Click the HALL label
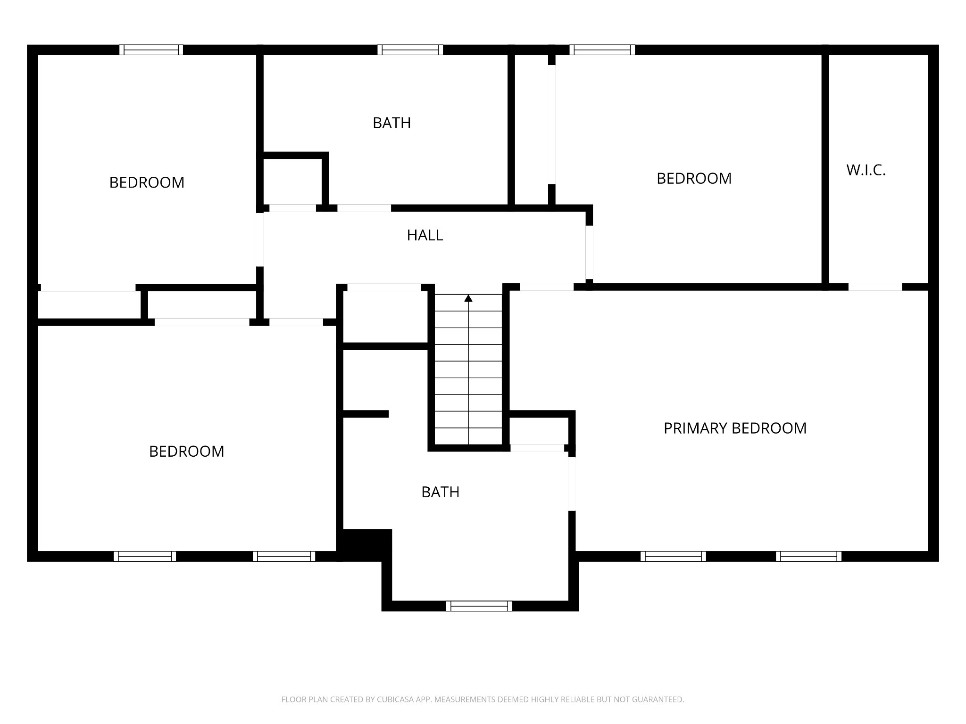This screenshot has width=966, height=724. point(425,235)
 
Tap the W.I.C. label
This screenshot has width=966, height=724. point(866,170)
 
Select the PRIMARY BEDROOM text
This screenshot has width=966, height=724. point(735,428)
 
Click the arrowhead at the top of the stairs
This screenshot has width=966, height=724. point(468,298)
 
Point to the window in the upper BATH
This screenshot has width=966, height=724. point(410,50)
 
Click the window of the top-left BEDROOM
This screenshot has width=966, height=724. point(151,50)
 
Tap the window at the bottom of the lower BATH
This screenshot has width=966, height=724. point(479,606)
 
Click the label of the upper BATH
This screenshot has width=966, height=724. point(391,123)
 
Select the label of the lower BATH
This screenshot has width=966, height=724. point(440,492)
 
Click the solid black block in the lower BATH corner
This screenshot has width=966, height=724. point(366,544)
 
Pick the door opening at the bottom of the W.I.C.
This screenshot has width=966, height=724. point(875,287)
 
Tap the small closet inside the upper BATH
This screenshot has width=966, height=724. point(292,181)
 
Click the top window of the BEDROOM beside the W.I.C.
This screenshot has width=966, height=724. point(602,50)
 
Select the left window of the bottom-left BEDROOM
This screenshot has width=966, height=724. point(145,556)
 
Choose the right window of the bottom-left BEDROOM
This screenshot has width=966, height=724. point(284,556)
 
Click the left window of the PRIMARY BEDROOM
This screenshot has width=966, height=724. point(673,556)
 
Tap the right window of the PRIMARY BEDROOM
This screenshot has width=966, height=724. point(808,556)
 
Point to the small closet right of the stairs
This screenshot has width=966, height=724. point(539,430)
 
